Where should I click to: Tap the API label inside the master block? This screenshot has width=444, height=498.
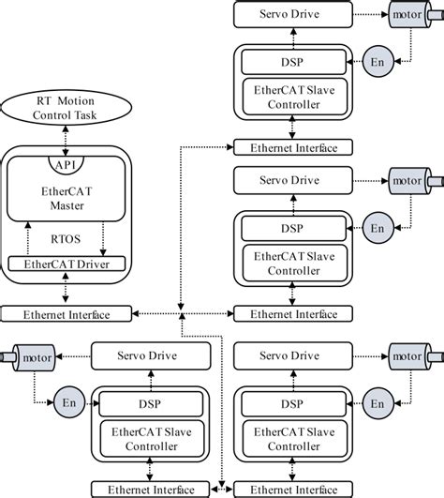[66, 164]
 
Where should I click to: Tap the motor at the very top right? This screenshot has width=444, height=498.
[407, 15]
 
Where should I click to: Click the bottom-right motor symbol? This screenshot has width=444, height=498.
[407, 356]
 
